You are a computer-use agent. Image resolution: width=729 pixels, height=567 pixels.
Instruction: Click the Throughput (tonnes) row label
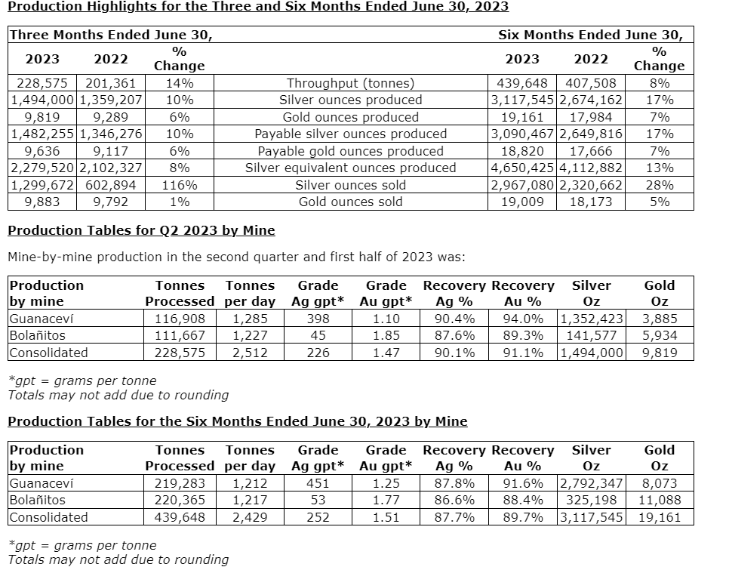pyautogui.click(x=351, y=83)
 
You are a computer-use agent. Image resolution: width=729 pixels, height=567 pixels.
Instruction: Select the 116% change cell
pyautogui.click(x=180, y=185)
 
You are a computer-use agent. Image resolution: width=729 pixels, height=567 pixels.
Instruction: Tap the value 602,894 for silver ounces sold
pyautogui.click(x=111, y=185)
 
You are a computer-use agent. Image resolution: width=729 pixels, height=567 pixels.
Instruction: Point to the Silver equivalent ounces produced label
pyautogui.click(x=351, y=168)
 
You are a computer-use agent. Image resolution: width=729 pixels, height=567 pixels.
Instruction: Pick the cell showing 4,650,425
pyautogui.click(x=522, y=168)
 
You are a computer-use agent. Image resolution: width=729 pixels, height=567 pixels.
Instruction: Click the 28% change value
pyautogui.click(x=659, y=185)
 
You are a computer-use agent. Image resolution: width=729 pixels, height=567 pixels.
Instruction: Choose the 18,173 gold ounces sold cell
pyautogui.click(x=591, y=202)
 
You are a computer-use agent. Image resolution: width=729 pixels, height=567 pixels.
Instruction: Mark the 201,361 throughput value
pyautogui.click(x=111, y=83)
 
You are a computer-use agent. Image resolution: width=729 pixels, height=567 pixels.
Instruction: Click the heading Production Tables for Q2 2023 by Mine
pyautogui.click(x=141, y=230)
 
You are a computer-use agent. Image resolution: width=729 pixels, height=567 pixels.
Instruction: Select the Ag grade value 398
pyautogui.click(x=318, y=319)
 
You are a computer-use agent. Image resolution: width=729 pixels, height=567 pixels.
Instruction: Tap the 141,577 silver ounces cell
pyautogui.click(x=592, y=335)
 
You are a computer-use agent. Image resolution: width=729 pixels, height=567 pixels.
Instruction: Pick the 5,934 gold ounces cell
pyautogui.click(x=660, y=335)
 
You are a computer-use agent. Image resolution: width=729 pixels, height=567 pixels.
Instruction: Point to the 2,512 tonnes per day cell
pyautogui.click(x=250, y=353)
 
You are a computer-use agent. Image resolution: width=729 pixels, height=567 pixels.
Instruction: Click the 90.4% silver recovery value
pyautogui.click(x=455, y=319)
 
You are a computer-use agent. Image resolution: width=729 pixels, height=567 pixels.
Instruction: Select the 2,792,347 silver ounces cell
pyautogui.click(x=592, y=483)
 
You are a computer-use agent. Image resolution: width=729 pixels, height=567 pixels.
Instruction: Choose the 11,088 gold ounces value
pyautogui.click(x=660, y=500)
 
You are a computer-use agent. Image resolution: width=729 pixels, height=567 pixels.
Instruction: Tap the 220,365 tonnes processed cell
pyautogui.click(x=180, y=500)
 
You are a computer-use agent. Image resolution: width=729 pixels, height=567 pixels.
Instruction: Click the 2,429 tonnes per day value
pyautogui.click(x=250, y=517)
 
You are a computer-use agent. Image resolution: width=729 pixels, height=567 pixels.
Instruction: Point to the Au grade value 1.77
pyautogui.click(x=386, y=500)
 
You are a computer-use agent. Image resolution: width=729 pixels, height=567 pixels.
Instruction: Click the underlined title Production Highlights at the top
pyautogui.click(x=258, y=7)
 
